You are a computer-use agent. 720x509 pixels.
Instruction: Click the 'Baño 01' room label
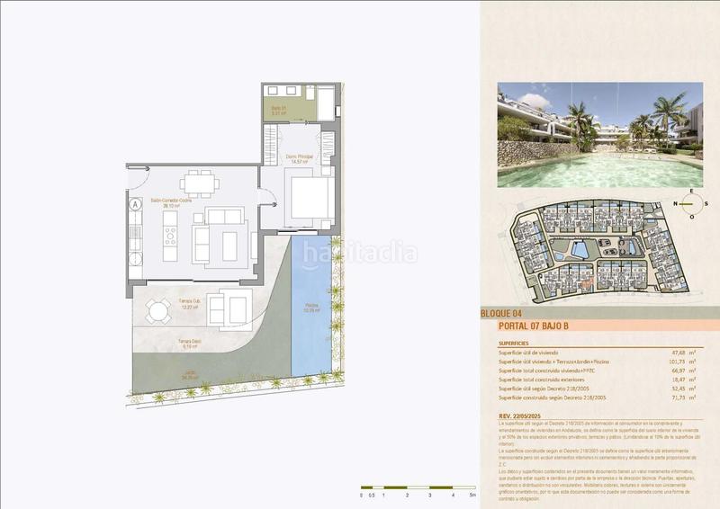(279, 112)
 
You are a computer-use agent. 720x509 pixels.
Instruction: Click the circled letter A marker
(135, 204)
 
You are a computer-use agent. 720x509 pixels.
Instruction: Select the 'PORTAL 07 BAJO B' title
(538, 326)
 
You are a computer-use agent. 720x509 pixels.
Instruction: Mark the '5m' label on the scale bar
(472, 496)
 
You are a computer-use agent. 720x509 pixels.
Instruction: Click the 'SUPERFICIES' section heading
(518, 343)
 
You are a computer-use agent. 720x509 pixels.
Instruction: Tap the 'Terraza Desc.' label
(190, 342)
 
